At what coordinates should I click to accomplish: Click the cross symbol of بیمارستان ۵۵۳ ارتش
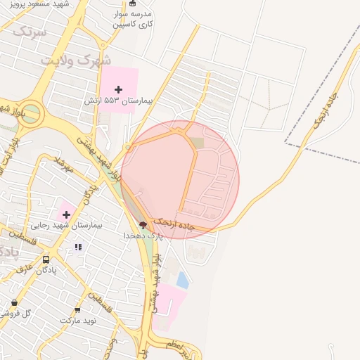(x=118, y=89)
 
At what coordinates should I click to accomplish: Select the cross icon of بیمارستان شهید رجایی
(x=66, y=214)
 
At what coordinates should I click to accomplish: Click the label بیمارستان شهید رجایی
(x=67, y=226)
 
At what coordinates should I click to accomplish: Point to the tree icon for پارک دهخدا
(x=143, y=225)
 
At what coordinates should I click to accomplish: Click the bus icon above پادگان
(x=46, y=259)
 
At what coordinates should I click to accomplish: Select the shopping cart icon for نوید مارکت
(x=77, y=309)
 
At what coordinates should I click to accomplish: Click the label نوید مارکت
(x=77, y=320)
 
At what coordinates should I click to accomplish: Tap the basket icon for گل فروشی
(x=14, y=303)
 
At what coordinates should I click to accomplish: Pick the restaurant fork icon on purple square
(x=78, y=247)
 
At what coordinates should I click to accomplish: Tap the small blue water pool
(x=182, y=280)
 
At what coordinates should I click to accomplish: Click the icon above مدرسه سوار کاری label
(x=133, y=4)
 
